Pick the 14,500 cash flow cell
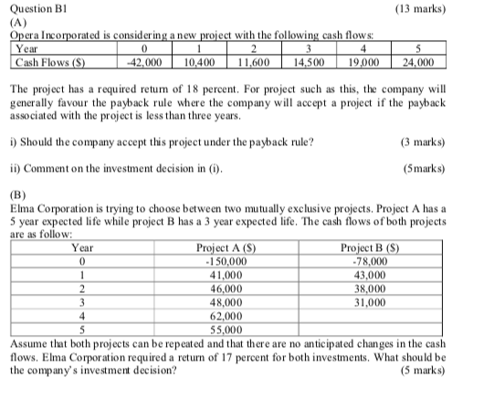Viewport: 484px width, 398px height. coord(311,62)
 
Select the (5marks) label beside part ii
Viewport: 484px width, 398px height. coord(426,167)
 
